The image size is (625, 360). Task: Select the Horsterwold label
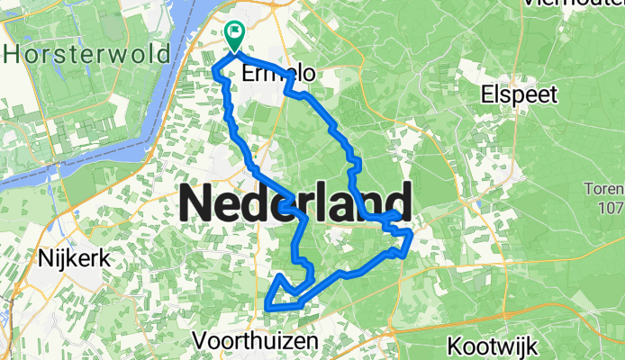(87, 54)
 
